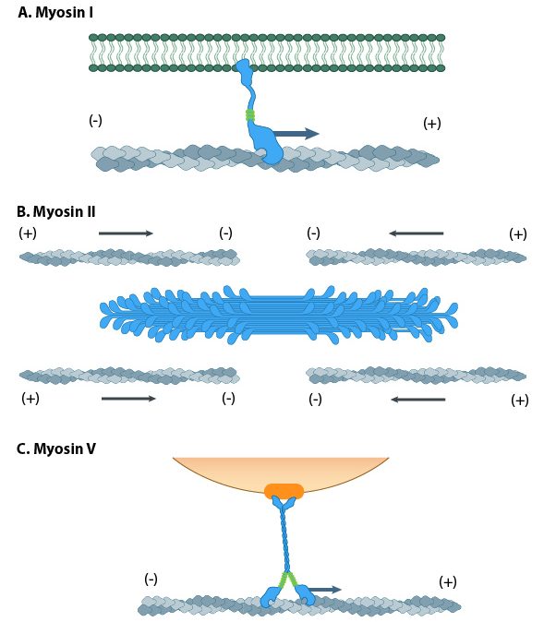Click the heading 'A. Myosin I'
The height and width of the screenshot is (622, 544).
pyautogui.click(x=54, y=14)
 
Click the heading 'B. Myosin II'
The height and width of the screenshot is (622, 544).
pyautogui.click(x=56, y=211)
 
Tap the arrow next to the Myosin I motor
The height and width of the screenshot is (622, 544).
pyautogui.click(x=296, y=134)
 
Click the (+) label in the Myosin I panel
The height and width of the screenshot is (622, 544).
pyautogui.click(x=431, y=124)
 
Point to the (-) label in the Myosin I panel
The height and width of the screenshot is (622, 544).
pyautogui.click(x=95, y=121)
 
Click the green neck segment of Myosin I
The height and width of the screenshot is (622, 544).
pyautogui.click(x=249, y=115)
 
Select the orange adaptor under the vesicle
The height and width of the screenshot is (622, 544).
pyautogui.click(x=284, y=491)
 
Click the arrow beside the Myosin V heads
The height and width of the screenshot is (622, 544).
pyautogui.click(x=323, y=589)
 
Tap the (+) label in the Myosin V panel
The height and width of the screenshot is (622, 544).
pyautogui.click(x=448, y=581)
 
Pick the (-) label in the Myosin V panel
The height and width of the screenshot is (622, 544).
pyautogui.click(x=151, y=579)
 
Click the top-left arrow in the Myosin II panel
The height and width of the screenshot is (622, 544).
pyautogui.click(x=126, y=233)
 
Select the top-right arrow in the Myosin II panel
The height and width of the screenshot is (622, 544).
pyautogui.click(x=416, y=233)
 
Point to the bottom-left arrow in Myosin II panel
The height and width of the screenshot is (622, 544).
pyautogui.click(x=128, y=399)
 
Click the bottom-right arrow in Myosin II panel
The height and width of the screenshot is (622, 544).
pyautogui.click(x=417, y=400)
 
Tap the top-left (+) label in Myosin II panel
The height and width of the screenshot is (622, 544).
pyautogui.click(x=28, y=233)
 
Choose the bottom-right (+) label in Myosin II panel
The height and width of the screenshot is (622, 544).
pyautogui.click(x=519, y=400)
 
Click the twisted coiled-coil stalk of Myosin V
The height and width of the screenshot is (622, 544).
pyautogui.click(x=285, y=540)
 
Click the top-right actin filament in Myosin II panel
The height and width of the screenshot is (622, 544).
pyautogui.click(x=416, y=256)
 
